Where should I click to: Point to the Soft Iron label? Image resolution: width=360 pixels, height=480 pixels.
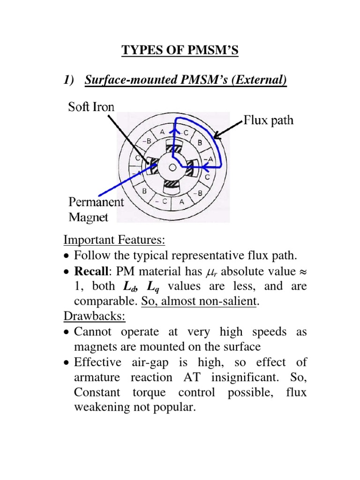pos(91,106)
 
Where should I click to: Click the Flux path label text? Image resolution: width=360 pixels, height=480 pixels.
pos(269,120)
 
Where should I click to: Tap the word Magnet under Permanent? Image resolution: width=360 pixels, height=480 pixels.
pos(89,217)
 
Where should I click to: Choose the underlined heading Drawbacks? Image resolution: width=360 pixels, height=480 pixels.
pos(95,316)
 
